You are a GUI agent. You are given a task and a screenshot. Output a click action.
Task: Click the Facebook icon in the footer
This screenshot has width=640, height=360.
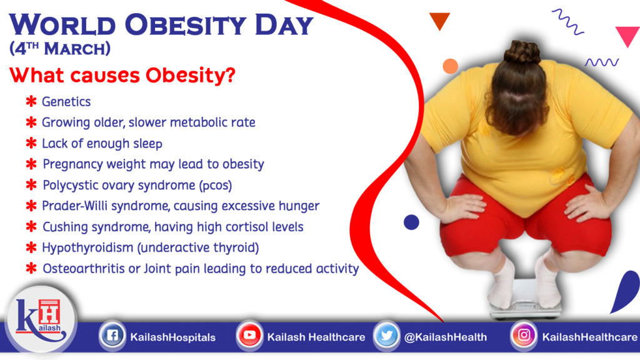pyautogui.click(x=111, y=336)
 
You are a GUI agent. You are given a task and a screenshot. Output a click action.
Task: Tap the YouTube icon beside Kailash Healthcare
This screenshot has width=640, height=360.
pyautogui.click(x=249, y=336)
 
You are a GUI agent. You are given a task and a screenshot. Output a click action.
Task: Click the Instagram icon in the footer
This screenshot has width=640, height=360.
pyautogui.click(x=524, y=336)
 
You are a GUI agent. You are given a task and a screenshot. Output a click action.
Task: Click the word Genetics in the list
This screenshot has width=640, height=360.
pyautogui.click(x=66, y=102)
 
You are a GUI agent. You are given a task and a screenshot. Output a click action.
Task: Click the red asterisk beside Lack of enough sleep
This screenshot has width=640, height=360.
pyautogui.click(x=31, y=144)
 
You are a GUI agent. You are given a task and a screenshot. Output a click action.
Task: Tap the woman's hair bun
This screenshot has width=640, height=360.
pyautogui.click(x=522, y=52)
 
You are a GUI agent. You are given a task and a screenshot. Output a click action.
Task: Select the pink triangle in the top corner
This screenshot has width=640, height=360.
pyautogui.click(x=627, y=36)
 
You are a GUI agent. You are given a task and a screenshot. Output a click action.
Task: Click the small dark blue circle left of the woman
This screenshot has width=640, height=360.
pyautogui.click(x=411, y=222)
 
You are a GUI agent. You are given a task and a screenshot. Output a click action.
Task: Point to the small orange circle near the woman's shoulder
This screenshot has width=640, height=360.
pyautogui.click(x=450, y=66)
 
